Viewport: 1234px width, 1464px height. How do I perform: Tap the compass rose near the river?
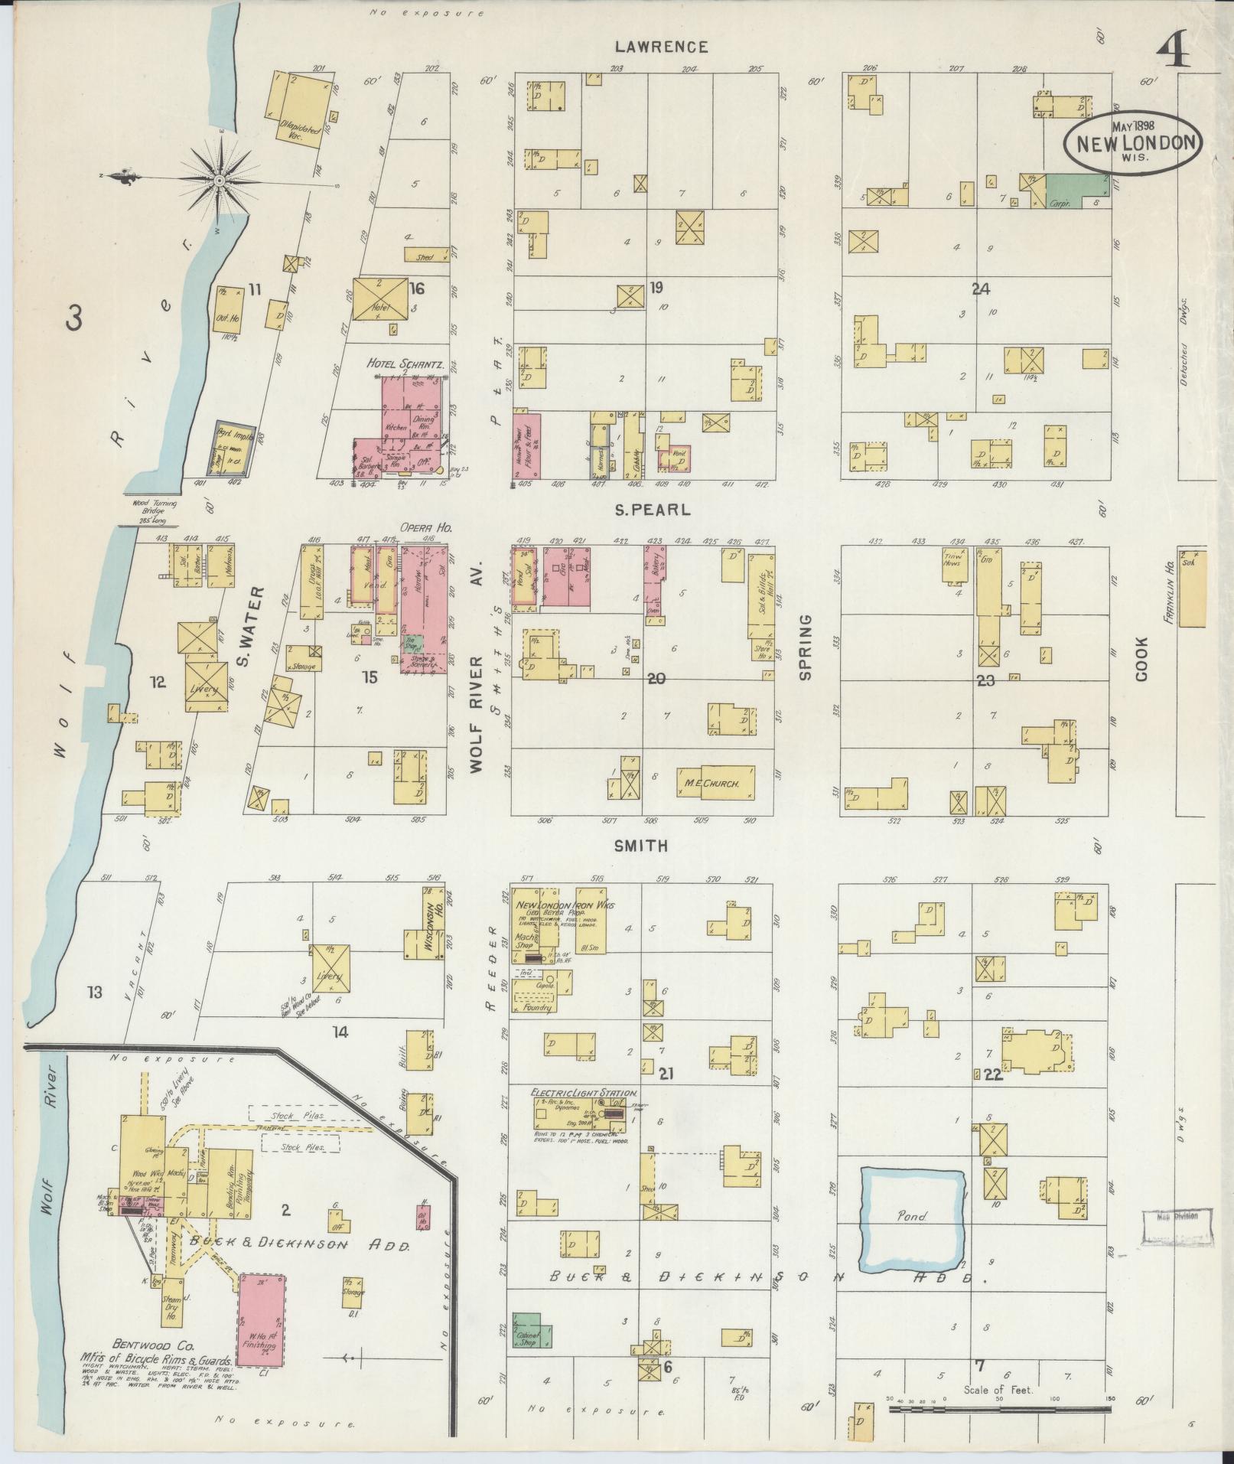coord(219,180)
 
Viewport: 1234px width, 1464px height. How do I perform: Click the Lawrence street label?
coord(662,47)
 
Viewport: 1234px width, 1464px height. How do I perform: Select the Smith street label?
coord(641,846)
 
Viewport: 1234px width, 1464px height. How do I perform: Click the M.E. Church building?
coord(715,784)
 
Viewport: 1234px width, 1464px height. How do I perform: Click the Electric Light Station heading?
coord(585,1094)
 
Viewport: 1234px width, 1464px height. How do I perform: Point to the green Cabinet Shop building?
coord(527,1334)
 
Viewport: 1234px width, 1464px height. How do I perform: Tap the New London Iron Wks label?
coord(566,905)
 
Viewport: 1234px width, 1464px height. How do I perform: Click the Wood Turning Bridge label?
coord(153,507)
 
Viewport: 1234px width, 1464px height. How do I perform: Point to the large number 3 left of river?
coord(73,319)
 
